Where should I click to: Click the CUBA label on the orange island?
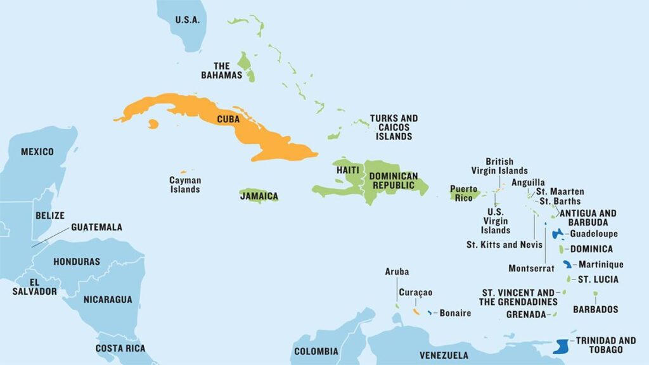[228, 118]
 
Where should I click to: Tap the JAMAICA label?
[259, 196]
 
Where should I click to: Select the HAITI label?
[348, 170]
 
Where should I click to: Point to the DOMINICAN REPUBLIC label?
[394, 181]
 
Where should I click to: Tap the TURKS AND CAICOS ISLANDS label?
[394, 127]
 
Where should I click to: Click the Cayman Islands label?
[184, 185]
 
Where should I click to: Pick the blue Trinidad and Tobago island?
[560, 346]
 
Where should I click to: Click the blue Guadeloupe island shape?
[558, 234]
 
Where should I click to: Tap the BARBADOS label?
[595, 309]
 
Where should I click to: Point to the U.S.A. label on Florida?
[188, 20]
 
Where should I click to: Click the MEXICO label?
[37, 151]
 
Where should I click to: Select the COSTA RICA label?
[120, 348]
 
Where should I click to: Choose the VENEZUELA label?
[444, 355]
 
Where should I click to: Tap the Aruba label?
[397, 272]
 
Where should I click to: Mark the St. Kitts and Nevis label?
[504, 245]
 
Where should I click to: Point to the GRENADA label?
[526, 314]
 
